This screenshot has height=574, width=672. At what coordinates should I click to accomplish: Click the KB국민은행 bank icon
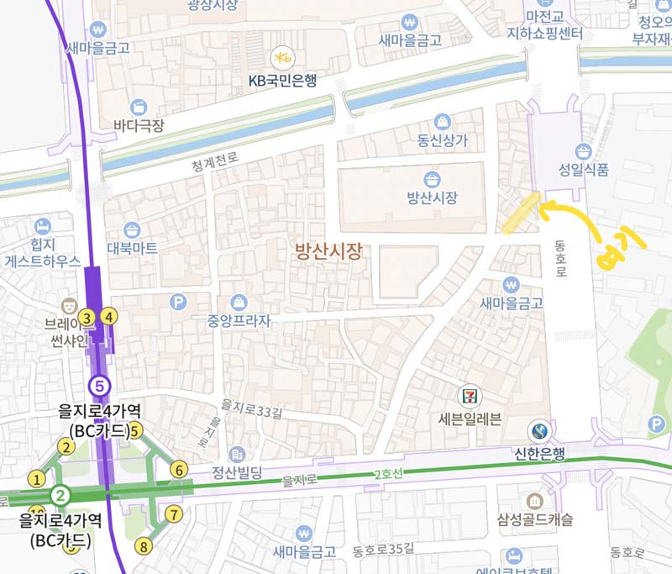280,57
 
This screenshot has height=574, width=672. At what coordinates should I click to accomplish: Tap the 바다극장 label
139,126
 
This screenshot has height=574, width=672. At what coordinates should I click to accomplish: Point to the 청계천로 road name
215,157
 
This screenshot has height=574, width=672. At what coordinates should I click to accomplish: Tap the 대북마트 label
132,249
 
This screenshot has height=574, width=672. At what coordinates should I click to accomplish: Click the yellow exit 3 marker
86,317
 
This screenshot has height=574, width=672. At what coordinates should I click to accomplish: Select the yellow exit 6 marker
178,469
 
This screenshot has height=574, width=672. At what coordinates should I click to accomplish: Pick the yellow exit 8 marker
144,546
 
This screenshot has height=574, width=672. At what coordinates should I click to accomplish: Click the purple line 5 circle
100,386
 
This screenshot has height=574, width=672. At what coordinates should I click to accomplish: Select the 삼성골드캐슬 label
534,520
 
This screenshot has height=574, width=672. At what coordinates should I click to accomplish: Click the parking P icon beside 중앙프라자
178,301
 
